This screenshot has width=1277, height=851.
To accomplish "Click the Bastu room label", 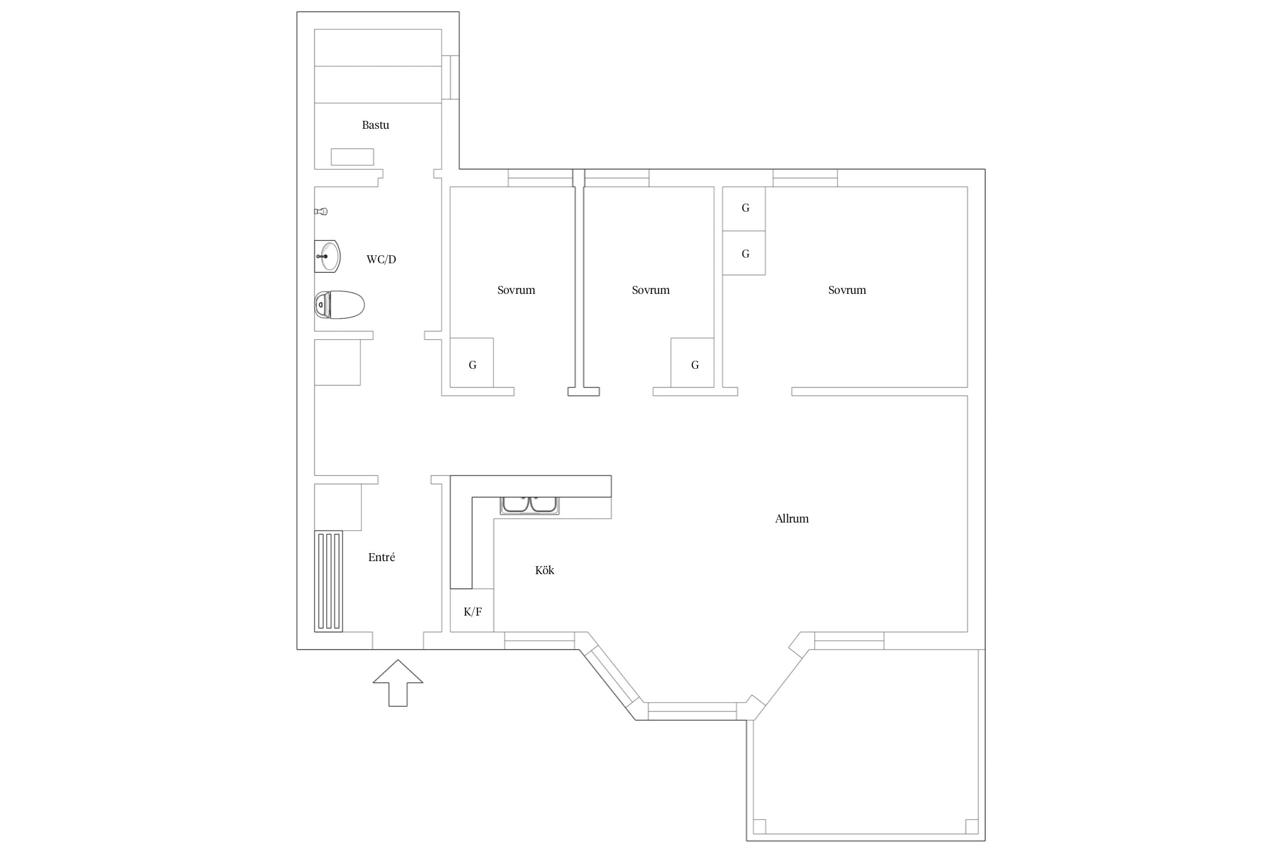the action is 375,125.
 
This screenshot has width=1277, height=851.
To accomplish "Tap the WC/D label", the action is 381,259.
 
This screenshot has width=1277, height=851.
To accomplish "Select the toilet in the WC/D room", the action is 339,305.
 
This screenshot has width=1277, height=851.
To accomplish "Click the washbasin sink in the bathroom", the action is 327,256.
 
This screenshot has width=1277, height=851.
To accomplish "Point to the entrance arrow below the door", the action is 398,683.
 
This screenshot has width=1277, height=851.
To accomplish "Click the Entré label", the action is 381,557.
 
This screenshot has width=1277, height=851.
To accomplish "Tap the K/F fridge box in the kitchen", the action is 472,610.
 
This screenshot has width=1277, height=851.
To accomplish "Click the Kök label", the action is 544,570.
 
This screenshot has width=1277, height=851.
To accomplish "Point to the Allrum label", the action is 792,519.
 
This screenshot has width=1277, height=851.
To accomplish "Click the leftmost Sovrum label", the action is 516,290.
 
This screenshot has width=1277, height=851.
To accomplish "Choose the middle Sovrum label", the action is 650,290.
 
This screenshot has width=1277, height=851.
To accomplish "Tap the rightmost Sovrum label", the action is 847,290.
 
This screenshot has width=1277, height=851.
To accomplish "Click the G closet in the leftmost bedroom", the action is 472,363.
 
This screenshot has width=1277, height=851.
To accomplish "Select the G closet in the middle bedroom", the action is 692,363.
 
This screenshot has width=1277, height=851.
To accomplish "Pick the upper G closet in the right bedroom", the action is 744,209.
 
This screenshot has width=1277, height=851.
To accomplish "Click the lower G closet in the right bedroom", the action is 744,253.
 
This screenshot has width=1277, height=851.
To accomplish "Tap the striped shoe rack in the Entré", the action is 329,582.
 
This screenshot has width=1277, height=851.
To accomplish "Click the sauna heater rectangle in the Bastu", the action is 352,157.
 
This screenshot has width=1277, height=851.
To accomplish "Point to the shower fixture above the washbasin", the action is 321,212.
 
